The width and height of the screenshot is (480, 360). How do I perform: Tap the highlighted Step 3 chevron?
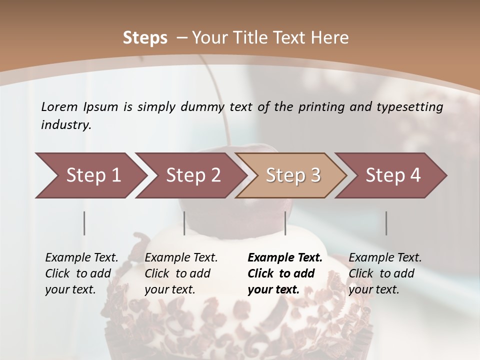[293, 175]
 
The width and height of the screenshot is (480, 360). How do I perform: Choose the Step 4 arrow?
[393, 175]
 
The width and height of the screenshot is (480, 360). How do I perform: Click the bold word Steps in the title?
[145, 37]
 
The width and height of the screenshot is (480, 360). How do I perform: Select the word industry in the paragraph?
[66, 125]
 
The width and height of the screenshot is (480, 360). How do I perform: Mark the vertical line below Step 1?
[84, 223]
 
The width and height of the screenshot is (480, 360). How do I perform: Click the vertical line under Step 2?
[184, 223]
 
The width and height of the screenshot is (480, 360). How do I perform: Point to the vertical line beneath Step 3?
[285, 223]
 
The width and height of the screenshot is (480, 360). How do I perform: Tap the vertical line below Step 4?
[386, 223]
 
